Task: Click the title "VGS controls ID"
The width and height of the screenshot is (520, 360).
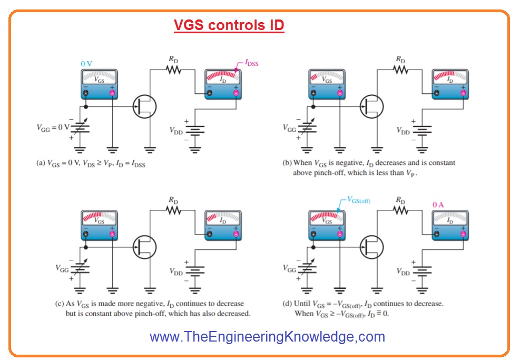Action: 229,26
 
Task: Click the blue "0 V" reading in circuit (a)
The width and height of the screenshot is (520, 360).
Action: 86,64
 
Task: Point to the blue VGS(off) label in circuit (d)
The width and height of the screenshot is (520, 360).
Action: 361,200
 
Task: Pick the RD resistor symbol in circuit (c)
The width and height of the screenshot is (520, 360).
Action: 173,210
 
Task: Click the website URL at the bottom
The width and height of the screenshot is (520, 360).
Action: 267,336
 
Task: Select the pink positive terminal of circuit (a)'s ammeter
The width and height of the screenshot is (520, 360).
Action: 236,93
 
